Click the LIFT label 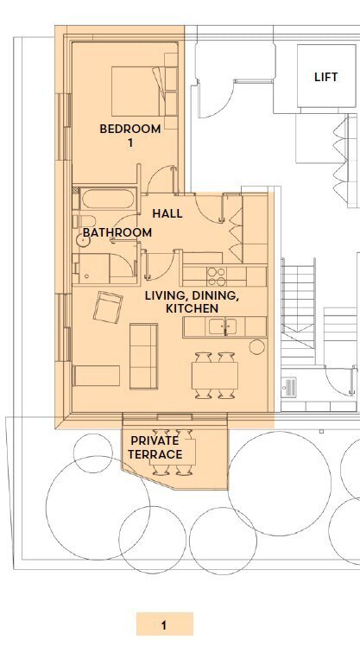(x=325, y=77)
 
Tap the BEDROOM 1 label (x=130, y=136)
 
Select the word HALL (x=167, y=213)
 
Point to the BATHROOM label (x=117, y=232)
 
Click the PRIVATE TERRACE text (x=155, y=447)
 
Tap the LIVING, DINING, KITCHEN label (x=192, y=302)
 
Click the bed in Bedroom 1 (x=144, y=92)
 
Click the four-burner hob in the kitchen (x=216, y=276)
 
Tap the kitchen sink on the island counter (x=223, y=326)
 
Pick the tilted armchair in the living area (x=108, y=307)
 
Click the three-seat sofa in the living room (x=144, y=357)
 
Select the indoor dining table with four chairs (x=215, y=376)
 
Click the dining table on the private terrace (x=172, y=452)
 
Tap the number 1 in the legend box (x=164, y=625)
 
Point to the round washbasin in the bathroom (x=83, y=241)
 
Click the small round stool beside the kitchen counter (x=257, y=347)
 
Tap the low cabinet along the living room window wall (x=97, y=376)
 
